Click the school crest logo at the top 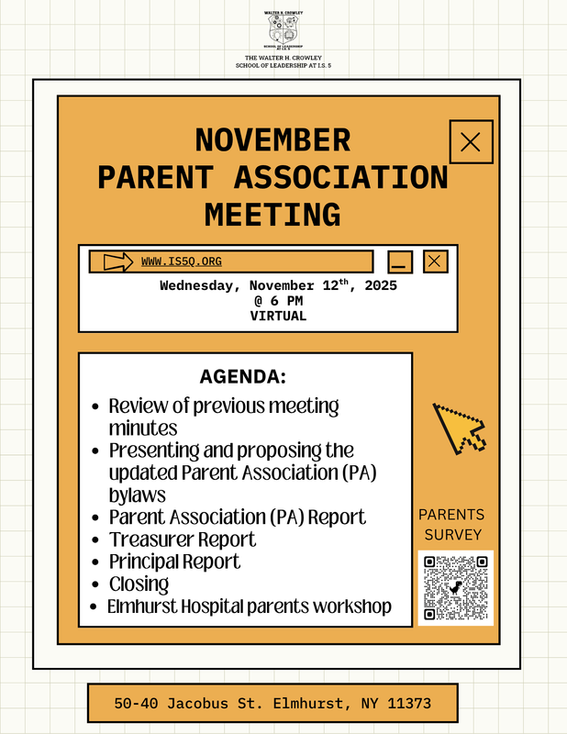pos(283,30)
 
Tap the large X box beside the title pos(471,141)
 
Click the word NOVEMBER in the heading pos(272,140)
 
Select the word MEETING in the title pos(272,214)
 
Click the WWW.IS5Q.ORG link pos(182,262)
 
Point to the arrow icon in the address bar pos(118,262)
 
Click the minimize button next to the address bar pos(400,262)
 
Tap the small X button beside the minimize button pos(435,261)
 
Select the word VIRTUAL pos(278,316)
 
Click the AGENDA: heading pos(243,377)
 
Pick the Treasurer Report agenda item pos(183,539)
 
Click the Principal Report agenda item pos(174,562)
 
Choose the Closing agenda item pos(139,584)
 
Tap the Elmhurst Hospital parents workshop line pos(249,606)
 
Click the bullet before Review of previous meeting pos(96,406)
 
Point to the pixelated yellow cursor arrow pos(457,428)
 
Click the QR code pos(455,587)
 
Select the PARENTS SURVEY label pos(450,525)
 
